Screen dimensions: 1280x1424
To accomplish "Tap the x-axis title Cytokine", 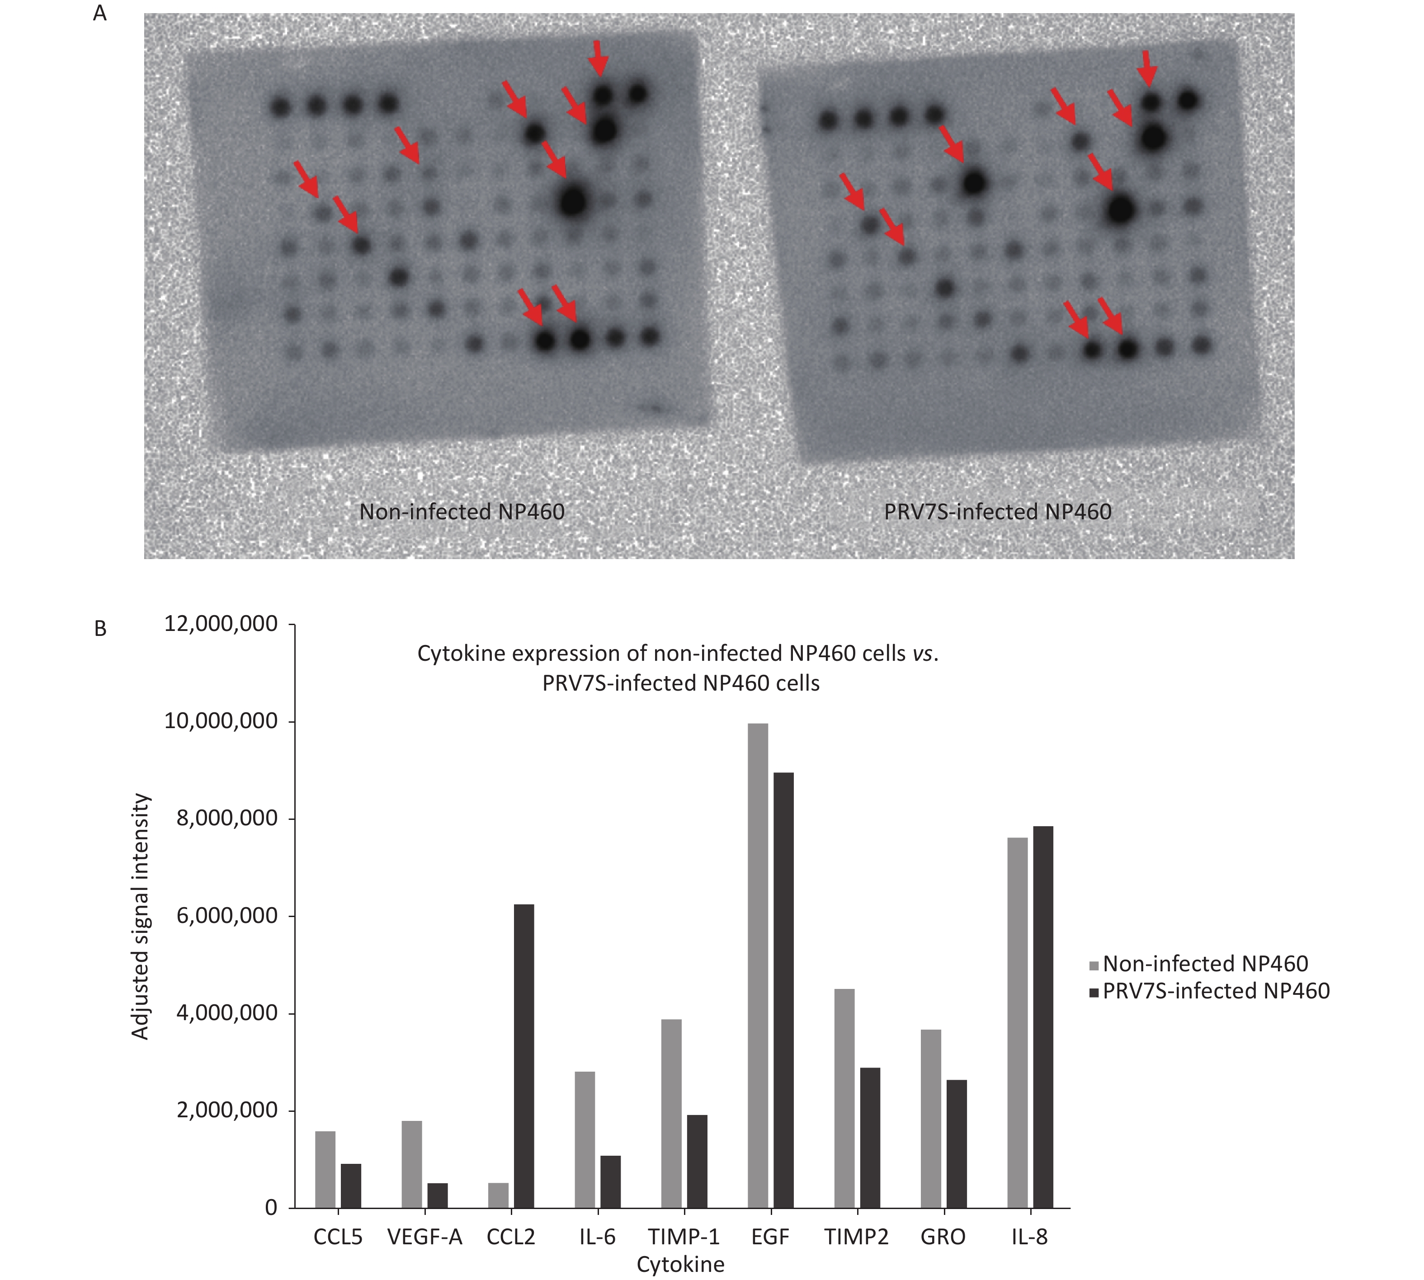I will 680,1264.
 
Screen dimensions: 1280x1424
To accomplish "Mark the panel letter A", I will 100,14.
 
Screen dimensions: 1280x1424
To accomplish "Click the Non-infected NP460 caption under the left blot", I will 462,511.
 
